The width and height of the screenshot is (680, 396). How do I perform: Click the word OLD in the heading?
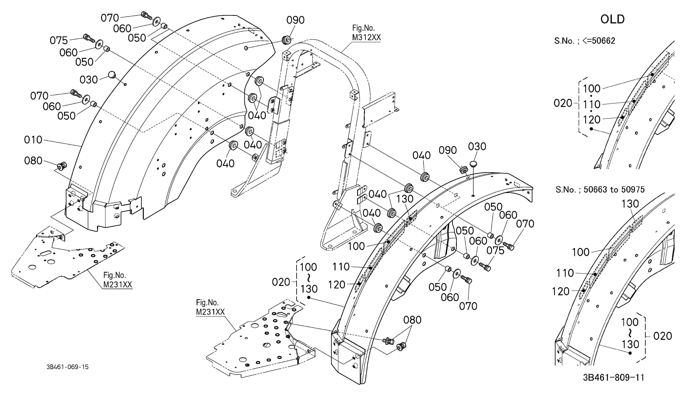pos(612,19)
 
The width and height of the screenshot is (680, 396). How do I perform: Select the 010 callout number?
pos(33,140)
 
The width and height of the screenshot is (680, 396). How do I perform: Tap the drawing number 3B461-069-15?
pos(67,367)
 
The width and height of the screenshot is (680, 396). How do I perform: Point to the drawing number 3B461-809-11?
pos(613,377)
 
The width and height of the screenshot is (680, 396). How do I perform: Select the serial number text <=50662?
pos(599,41)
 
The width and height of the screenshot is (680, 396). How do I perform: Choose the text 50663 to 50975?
pos(614,189)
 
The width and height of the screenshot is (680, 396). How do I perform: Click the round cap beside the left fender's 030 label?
pos(112,74)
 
